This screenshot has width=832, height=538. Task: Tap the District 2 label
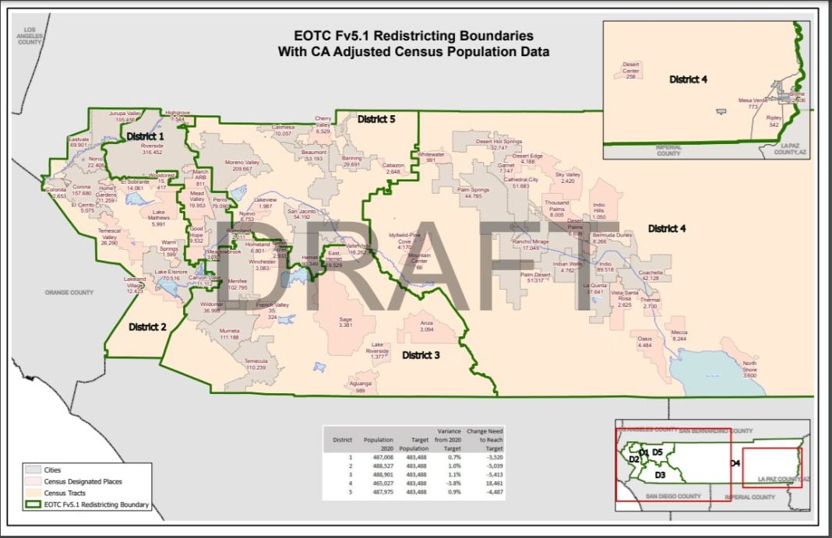point(148,326)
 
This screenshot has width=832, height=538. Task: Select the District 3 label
point(421,355)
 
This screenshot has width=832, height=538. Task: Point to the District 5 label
point(376,120)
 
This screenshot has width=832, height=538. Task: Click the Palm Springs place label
point(472,190)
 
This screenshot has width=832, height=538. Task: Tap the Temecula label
point(256,361)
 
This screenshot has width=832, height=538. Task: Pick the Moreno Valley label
point(241,162)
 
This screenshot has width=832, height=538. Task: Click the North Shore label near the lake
point(749,367)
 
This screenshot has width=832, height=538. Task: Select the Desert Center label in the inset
point(631,68)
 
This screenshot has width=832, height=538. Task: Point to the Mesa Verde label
point(753,100)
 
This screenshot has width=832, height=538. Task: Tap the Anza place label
point(426,322)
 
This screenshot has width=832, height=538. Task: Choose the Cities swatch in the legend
point(32,469)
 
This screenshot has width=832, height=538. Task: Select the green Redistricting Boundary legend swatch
point(32,505)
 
